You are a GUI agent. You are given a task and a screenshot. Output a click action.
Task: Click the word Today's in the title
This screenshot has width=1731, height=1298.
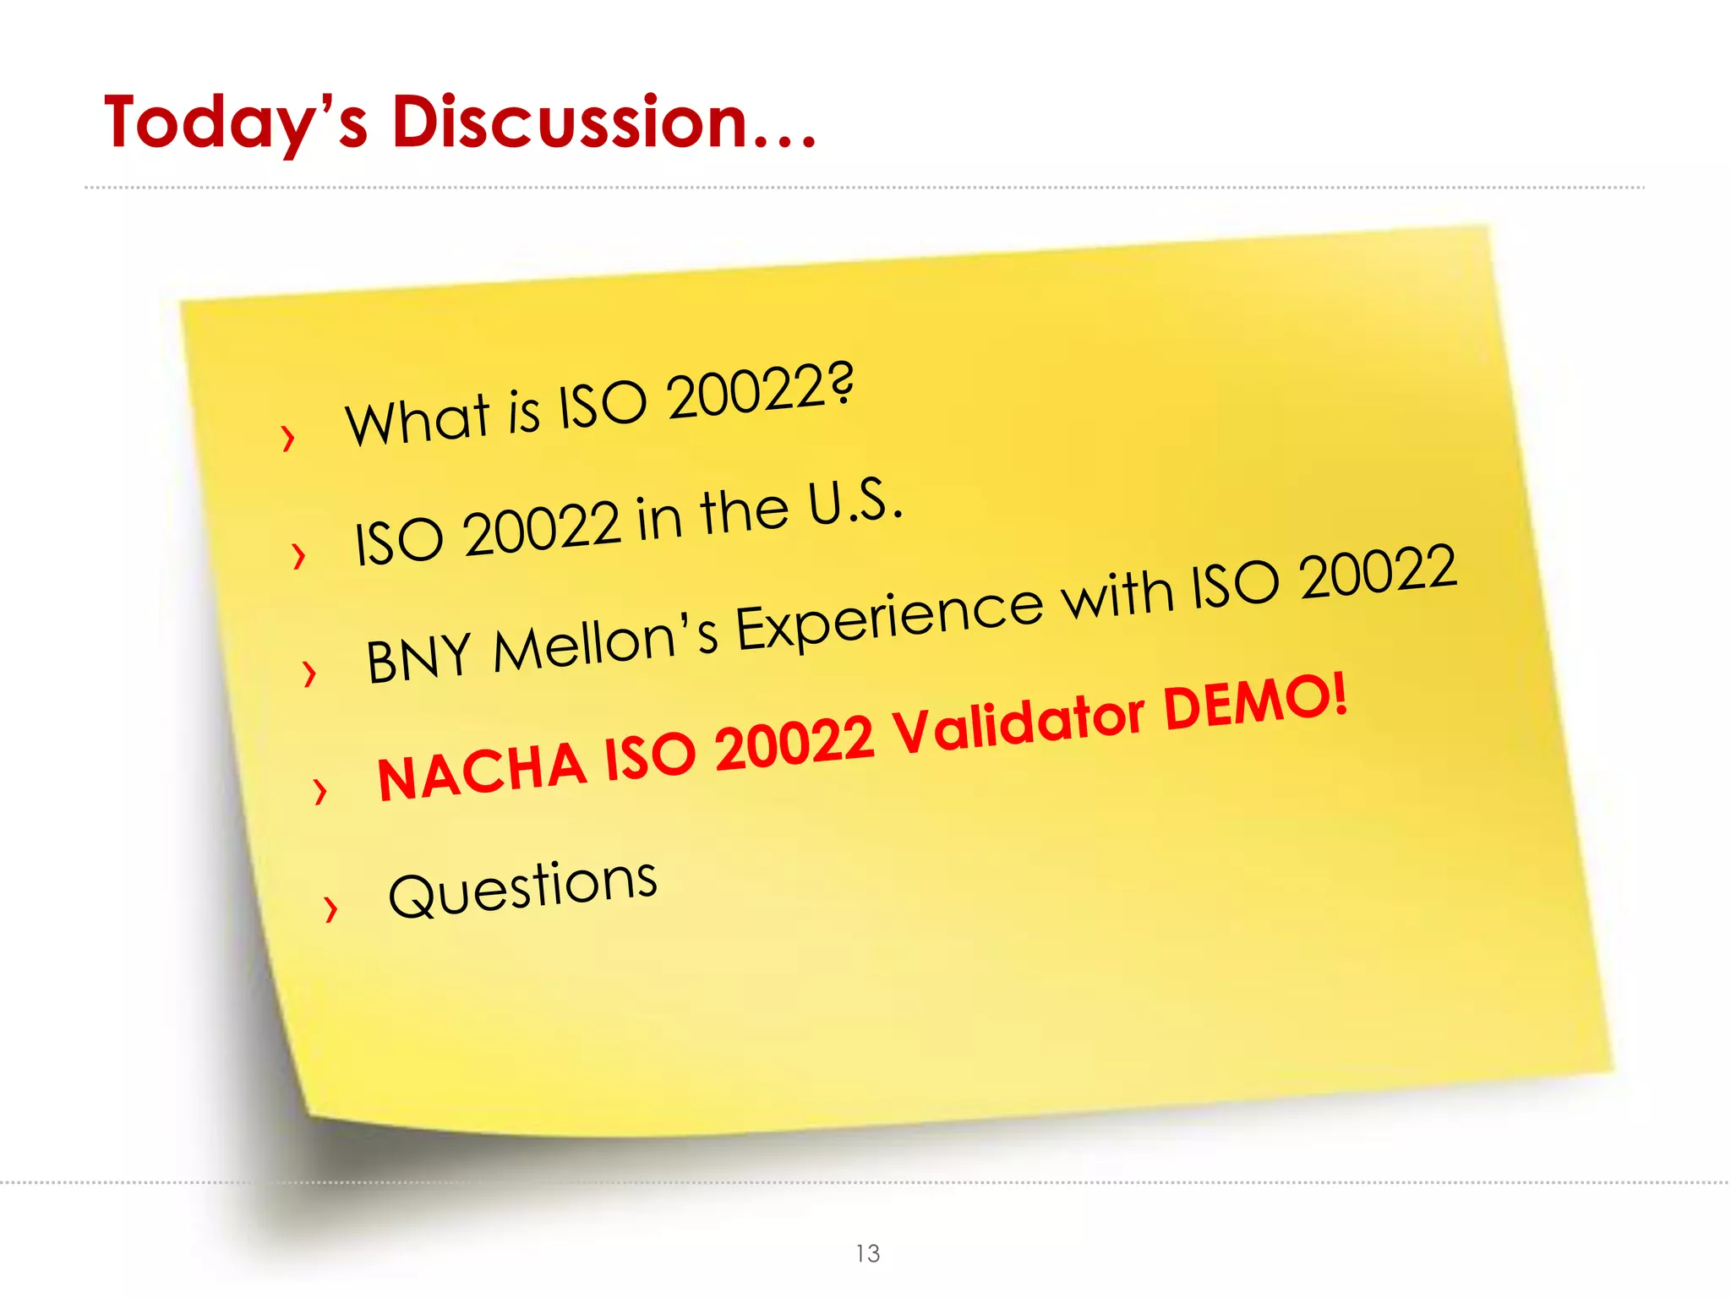(236, 123)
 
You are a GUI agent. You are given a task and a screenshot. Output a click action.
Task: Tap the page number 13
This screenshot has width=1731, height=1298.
(867, 1253)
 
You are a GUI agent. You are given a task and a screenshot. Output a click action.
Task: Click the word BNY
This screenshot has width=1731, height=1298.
(418, 657)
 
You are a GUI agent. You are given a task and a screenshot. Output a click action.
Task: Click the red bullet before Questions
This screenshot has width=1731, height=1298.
(330, 909)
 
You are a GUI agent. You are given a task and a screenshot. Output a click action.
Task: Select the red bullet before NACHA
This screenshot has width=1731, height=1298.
(319, 791)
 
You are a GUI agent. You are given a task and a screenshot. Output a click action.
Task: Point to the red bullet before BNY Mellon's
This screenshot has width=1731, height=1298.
(309, 674)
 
